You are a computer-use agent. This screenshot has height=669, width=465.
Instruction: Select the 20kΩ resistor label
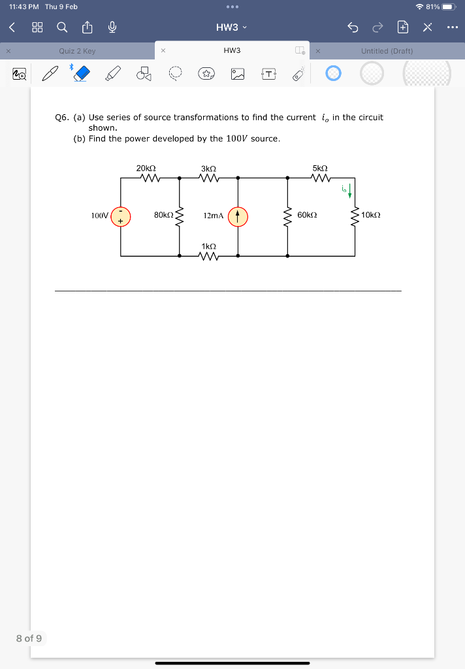pos(146,169)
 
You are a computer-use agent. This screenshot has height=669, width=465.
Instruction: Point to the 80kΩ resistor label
pos(163,215)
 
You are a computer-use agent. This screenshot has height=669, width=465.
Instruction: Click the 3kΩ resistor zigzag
pos(208,178)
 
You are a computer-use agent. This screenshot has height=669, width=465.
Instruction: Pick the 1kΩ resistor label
pos(208,246)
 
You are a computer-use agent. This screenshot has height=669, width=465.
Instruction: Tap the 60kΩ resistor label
pos(307,215)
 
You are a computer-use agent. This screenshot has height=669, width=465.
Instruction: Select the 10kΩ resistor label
pos(370,215)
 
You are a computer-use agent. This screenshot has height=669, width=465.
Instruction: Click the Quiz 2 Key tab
pos(77,51)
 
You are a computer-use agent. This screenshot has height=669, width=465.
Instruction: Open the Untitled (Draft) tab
pos(387,51)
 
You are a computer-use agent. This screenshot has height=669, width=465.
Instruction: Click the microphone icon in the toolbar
pos(112,27)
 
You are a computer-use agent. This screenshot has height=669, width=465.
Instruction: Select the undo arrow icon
pos(353,27)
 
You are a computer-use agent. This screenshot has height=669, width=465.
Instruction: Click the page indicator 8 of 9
pos(29,638)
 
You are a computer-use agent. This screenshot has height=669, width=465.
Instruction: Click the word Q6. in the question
pos(63,118)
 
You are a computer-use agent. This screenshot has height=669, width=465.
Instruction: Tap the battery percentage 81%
pos(432,7)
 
